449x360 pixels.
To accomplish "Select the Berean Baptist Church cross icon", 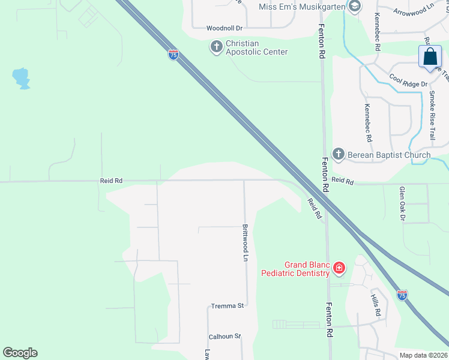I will coord(338,155).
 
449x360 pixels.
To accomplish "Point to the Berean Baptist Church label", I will coord(388,155).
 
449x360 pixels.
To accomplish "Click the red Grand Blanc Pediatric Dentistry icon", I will coord(339,267).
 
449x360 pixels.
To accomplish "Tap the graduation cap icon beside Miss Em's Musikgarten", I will coord(355,7).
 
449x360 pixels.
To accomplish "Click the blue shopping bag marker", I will coord(430,58).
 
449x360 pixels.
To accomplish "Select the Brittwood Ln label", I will coord(245,242).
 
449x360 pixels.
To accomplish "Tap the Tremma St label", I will coord(227,306).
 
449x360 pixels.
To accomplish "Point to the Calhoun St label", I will coord(224,337).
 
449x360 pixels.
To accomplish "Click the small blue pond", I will coord(21,78).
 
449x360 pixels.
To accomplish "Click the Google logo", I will coord(20,353).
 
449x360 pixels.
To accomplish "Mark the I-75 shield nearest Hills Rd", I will coord(402,295).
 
